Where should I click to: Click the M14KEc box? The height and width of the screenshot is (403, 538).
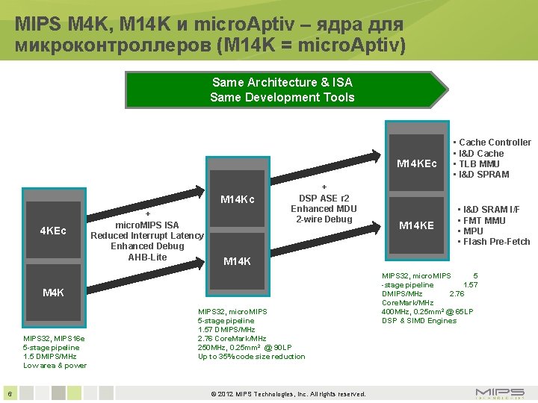417,163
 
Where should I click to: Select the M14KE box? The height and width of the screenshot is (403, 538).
416,225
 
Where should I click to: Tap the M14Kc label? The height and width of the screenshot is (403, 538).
238,199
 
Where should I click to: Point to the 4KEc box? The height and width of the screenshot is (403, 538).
53,230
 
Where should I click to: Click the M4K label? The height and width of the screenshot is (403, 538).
53,293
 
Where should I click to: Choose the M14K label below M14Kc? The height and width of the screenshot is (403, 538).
238,261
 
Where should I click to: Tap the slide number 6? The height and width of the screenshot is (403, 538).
9,393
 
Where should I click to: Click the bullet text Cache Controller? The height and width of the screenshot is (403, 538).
494,143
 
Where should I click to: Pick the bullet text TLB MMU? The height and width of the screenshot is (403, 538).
479,163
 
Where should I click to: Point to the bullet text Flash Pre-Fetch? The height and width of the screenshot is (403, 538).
496,241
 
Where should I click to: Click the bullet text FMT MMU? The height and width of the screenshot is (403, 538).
484,220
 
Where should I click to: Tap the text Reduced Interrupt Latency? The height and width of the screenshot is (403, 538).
147,236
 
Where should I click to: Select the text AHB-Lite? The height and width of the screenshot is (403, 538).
147,257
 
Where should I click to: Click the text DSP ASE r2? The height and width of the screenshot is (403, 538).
324,199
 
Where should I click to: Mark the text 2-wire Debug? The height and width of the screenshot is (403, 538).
324,219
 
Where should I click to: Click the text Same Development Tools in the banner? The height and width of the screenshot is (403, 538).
282,98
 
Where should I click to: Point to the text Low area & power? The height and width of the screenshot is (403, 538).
55,366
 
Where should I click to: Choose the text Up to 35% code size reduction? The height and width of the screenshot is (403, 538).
251,357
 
